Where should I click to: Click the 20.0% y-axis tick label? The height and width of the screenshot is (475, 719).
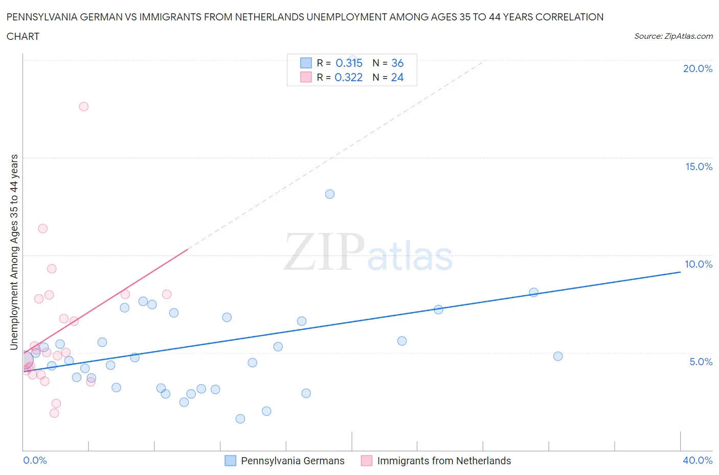tap(698, 68)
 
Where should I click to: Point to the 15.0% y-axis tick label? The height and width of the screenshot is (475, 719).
tap(699, 167)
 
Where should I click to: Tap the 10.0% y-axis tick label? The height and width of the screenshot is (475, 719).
tap(699, 264)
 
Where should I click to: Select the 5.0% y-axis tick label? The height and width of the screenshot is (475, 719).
tap(701, 362)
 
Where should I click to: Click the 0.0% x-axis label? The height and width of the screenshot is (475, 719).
tap(35, 460)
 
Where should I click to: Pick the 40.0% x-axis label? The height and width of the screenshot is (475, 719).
tap(698, 460)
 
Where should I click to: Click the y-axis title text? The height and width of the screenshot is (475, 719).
tap(14, 252)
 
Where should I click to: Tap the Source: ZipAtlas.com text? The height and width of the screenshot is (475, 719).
tap(673, 36)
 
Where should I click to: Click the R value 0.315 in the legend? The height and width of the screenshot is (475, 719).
tap(349, 63)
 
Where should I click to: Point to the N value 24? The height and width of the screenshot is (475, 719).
tap(397, 77)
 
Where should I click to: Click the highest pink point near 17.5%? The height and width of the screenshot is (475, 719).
tap(83, 107)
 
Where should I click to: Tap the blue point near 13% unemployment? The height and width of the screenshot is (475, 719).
tap(330, 194)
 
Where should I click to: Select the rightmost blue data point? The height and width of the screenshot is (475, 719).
tap(558, 356)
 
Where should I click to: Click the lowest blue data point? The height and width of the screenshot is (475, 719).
tap(240, 419)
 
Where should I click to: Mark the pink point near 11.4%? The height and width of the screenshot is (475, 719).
tap(43, 228)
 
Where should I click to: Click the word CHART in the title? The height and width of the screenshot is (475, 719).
tap(23, 36)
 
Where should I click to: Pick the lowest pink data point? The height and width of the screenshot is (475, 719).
tap(54, 413)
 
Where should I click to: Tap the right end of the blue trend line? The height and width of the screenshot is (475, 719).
tap(680, 272)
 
